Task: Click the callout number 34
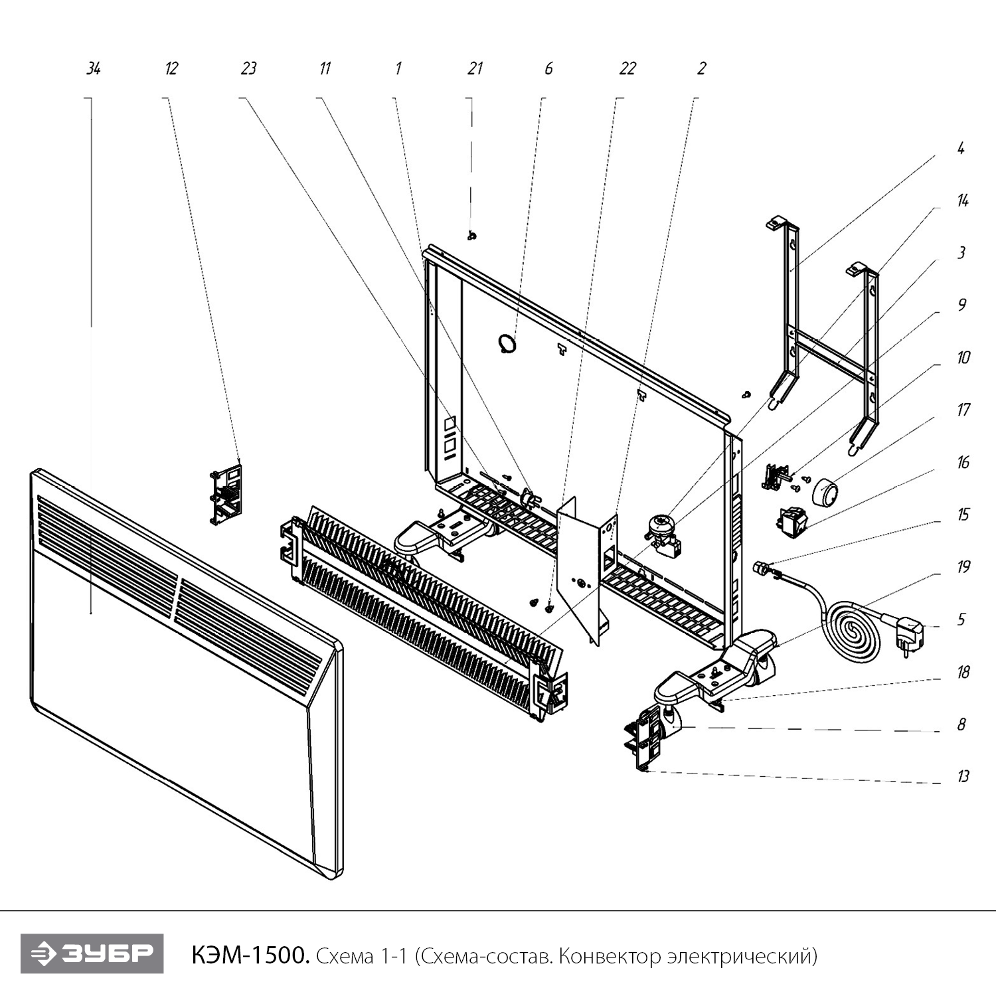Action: [x=94, y=68]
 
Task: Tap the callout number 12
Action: [x=171, y=68]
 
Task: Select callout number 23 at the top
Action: [x=248, y=68]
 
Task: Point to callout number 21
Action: [x=475, y=68]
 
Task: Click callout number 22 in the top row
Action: [x=627, y=68]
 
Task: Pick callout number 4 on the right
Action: [x=961, y=149]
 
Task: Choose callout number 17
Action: [x=963, y=410]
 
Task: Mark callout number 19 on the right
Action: [x=963, y=566]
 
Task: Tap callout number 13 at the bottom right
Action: [x=963, y=776]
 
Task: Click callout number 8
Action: [x=961, y=724]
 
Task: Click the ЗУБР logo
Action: [x=92, y=954]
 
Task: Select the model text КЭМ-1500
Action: [x=250, y=956]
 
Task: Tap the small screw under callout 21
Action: [x=472, y=236]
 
